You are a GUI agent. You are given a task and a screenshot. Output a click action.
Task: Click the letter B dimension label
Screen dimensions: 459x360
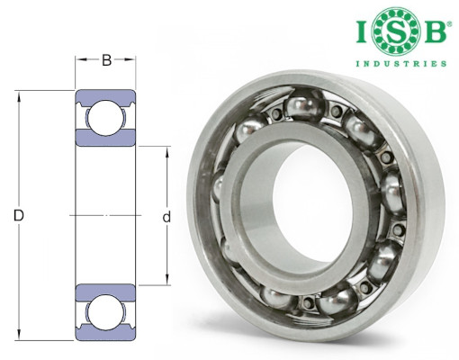point(107,60)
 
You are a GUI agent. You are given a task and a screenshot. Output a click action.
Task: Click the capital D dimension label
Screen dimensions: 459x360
point(19,215)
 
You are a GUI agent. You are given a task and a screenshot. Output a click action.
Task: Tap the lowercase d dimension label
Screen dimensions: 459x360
point(166,217)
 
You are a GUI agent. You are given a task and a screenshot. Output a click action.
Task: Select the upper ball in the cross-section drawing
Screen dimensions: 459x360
point(104,118)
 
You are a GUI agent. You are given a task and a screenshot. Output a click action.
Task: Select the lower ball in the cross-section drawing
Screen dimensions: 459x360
point(104,312)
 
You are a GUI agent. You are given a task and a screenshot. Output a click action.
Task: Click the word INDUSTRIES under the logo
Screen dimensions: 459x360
point(401,64)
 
